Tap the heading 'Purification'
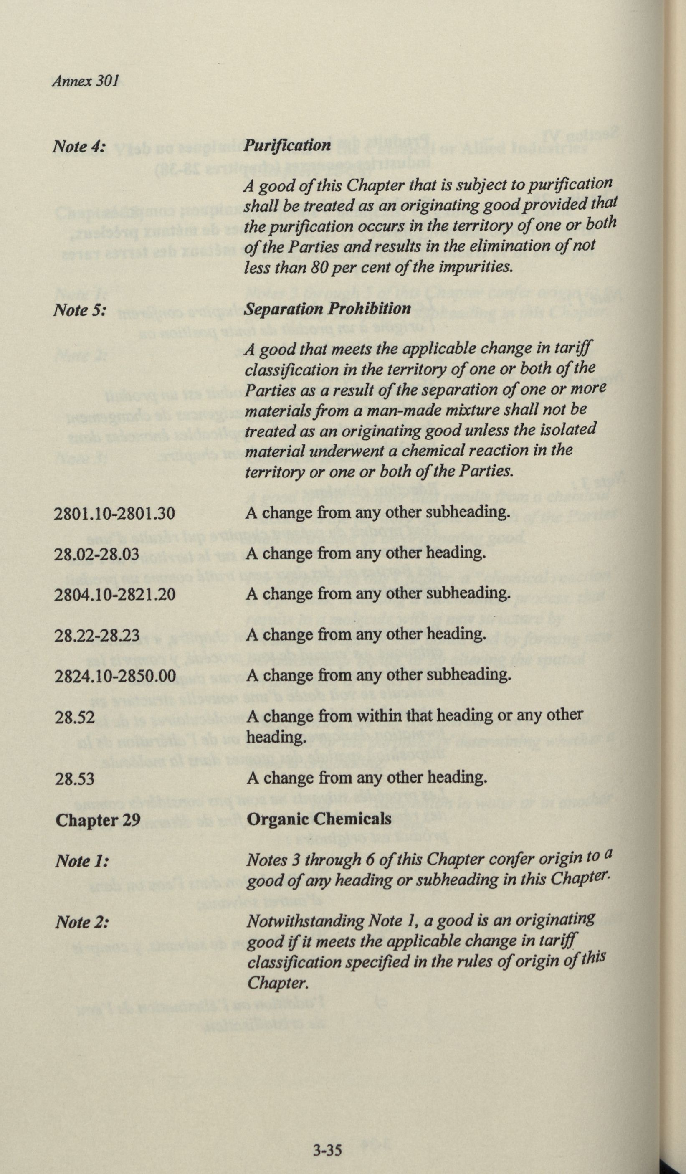pyautogui.click(x=287, y=145)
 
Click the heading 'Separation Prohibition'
pyautogui.click(x=328, y=309)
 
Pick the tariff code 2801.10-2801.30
pyautogui.click(x=114, y=513)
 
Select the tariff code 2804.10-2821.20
pyautogui.click(x=114, y=595)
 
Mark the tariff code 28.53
pyautogui.click(x=74, y=778)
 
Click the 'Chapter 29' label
pyautogui.click(x=98, y=820)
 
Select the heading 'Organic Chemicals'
pyautogui.click(x=319, y=819)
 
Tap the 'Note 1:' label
pyautogui.click(x=81, y=861)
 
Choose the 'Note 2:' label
pyautogui.click(x=81, y=921)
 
